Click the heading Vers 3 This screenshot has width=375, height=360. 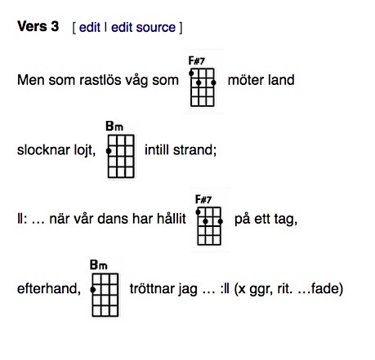38,27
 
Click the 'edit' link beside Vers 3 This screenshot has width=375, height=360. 90,27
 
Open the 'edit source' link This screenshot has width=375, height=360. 143,27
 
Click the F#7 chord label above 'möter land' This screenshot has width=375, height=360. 196,60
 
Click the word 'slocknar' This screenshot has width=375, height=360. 43,149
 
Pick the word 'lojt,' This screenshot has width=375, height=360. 85,150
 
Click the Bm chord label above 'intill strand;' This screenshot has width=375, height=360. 114,127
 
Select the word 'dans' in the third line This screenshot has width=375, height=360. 114,219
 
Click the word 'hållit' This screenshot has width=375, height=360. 172,219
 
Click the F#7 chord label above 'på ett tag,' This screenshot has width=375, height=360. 203,199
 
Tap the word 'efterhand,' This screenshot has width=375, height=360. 49,288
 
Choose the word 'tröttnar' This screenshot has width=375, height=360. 152,288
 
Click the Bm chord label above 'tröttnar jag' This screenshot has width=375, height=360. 99,264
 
